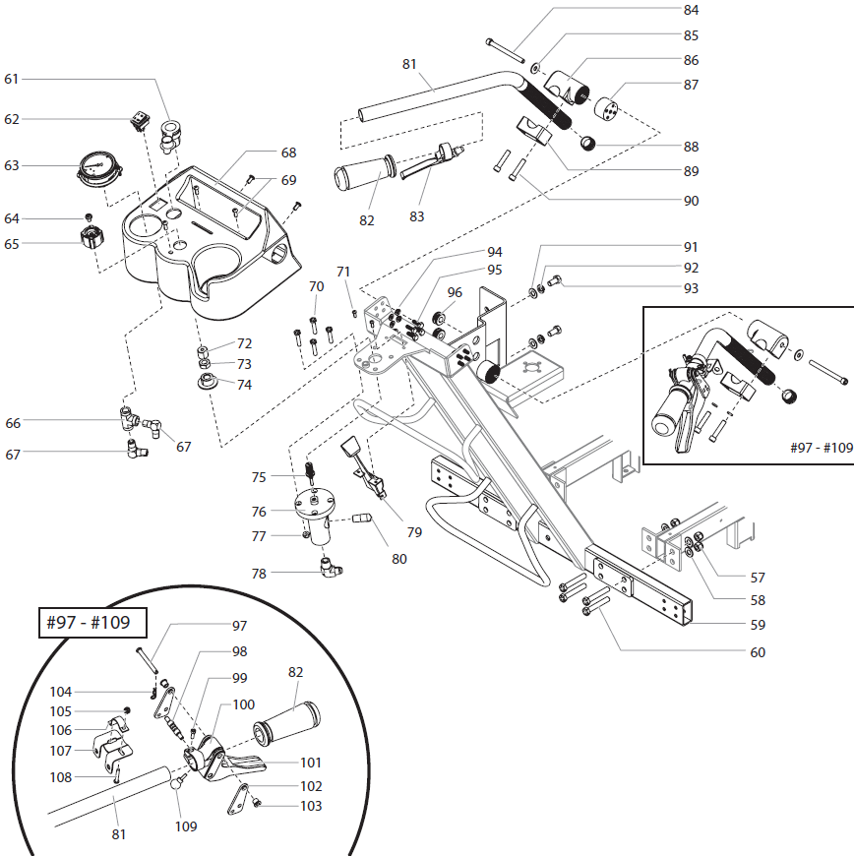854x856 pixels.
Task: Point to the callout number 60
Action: [x=757, y=652]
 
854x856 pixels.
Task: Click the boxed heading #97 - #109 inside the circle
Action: [x=91, y=623]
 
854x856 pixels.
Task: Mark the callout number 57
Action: [x=757, y=578]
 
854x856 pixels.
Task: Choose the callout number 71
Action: [x=342, y=272]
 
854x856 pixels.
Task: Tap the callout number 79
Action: [x=414, y=532]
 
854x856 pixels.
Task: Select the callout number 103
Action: [x=310, y=806]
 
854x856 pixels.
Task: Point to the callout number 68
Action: [x=288, y=153]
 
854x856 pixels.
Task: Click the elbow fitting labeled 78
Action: [x=329, y=568]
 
